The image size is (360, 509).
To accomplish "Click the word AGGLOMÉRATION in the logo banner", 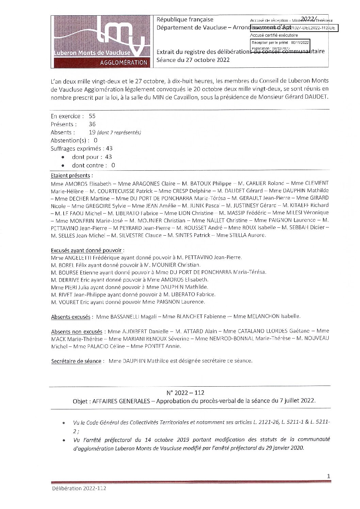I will point(124,63).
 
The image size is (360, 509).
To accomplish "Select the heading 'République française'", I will point(185,20).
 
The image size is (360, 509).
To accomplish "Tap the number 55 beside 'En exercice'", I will point(92,116).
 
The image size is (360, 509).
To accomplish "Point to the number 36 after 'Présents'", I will point(92,124).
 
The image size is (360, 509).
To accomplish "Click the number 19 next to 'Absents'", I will point(92,133).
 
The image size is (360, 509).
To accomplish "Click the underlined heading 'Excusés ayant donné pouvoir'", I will point(86,251).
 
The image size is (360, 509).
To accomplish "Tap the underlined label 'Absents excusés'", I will point(70,317).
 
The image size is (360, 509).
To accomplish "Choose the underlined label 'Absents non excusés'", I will point(77,332).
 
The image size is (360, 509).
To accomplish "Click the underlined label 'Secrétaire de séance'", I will point(76,361).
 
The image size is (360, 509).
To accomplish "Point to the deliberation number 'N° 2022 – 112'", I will point(185,393).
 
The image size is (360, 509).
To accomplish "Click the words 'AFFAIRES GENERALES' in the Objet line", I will point(121,401).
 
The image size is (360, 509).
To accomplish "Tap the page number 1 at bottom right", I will point(328,476).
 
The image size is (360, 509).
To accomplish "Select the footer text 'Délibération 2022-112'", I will point(79,489).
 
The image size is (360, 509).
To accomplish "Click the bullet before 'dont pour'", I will point(63,157).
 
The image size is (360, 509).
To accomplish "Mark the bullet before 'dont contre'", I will point(63,166).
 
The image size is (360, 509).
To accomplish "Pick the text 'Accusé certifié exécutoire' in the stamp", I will point(274,35).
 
